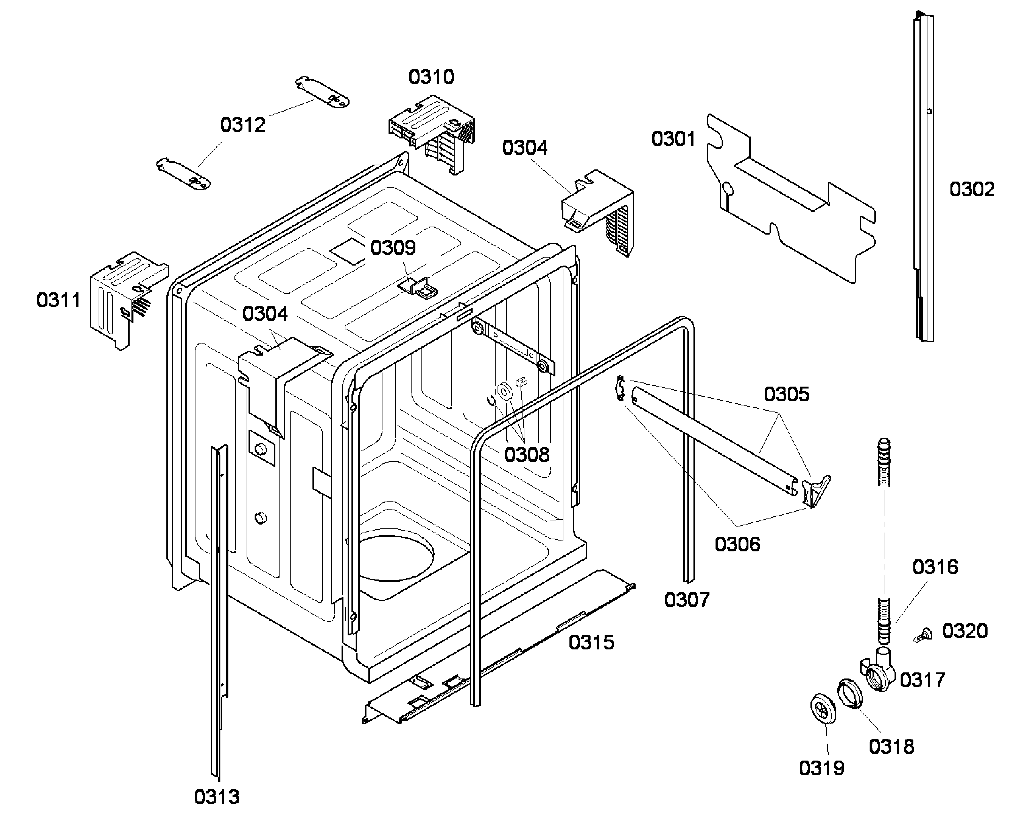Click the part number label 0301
click(673, 139)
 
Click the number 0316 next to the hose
click(935, 567)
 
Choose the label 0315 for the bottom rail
click(591, 642)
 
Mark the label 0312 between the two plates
click(242, 125)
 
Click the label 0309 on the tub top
click(393, 247)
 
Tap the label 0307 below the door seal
click(686, 600)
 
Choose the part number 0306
click(737, 544)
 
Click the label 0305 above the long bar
click(786, 394)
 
